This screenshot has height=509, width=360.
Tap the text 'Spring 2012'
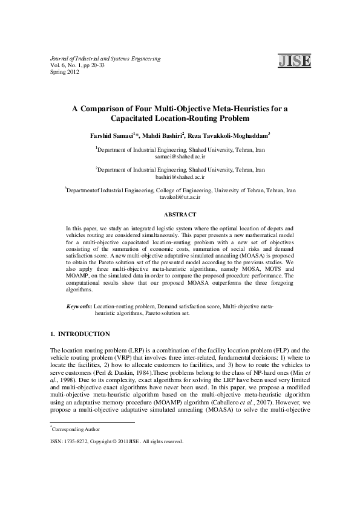pos(65,72)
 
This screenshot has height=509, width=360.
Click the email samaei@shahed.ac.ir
pos(180,156)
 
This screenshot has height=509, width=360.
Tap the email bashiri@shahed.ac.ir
pos(180,177)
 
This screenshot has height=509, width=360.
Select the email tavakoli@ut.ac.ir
pos(180,197)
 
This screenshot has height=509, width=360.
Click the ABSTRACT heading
pos(180,214)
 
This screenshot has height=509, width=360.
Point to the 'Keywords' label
pos(79,308)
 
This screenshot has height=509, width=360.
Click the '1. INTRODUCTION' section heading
pos(80,334)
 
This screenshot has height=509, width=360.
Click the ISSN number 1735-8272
pos(77,441)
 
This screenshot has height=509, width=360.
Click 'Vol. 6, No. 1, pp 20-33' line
pos(77,65)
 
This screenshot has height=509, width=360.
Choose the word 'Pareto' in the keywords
pos(158,314)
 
